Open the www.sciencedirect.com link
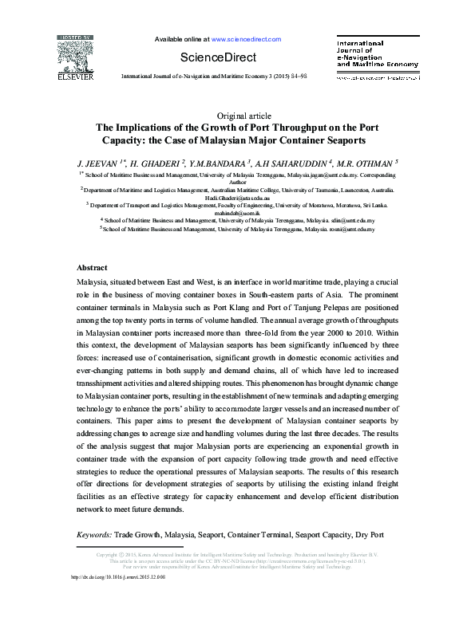click(x=246, y=38)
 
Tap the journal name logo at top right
click(x=376, y=52)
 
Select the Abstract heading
click(x=92, y=267)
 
